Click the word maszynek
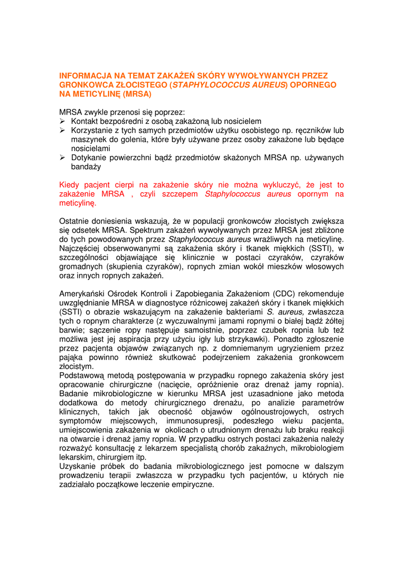coord(88,139)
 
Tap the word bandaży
coord(86,167)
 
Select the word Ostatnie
coord(76,221)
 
